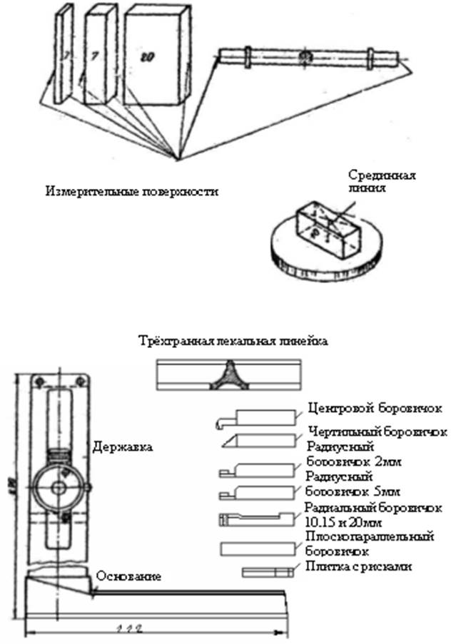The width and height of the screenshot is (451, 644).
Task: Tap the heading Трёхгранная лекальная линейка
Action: point(234,342)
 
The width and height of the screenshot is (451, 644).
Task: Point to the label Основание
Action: point(128,575)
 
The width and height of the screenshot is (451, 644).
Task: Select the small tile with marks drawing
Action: point(268,572)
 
